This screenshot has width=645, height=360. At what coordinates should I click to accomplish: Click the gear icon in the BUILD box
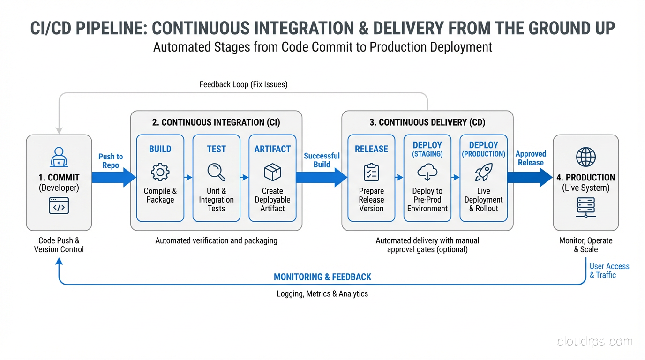(160, 172)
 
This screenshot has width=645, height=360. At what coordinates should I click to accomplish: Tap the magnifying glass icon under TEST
(216, 172)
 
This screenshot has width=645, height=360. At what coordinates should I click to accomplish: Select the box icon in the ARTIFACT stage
(272, 172)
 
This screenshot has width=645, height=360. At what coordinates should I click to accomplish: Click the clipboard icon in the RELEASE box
(371, 172)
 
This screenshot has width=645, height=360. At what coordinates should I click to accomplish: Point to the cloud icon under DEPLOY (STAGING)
(427, 172)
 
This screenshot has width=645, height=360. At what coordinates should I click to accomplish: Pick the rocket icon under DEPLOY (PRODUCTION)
(483, 172)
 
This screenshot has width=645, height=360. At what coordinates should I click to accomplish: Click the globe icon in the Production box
(586, 157)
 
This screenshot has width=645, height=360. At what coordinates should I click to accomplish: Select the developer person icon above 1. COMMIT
(59, 157)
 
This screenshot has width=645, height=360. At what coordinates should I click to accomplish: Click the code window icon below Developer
(59, 206)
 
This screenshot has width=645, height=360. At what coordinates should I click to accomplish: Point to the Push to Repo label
(111, 161)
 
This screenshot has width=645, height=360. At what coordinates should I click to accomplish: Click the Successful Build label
(322, 160)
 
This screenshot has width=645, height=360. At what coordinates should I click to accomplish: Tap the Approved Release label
(531, 158)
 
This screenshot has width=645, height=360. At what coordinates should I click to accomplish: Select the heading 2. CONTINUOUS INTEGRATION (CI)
(216, 122)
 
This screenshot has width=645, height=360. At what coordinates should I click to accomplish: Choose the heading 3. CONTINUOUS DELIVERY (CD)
(427, 122)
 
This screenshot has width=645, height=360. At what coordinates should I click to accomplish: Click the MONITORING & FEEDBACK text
(322, 277)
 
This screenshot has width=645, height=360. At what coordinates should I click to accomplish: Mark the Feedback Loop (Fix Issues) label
(243, 84)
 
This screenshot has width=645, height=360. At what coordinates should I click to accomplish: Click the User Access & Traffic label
(609, 270)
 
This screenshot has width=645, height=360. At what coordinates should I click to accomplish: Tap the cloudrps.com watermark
(594, 341)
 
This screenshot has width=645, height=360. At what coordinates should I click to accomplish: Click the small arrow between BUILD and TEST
(188, 177)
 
